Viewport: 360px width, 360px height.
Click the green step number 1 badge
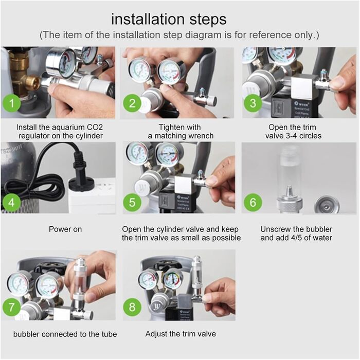coord(12,103)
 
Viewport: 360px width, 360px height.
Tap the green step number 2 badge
coord(132,103)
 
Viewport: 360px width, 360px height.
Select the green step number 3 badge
coord(253,103)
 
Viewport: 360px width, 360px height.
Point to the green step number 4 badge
coord(11,203)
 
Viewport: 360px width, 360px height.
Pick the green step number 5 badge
coord(132,203)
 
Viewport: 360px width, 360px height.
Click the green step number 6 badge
coord(253,203)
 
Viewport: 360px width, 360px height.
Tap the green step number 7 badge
coord(12,307)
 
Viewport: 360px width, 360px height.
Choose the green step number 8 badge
coord(132,307)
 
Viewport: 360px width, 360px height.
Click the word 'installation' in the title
coord(148,19)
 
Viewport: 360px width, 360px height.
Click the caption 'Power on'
coord(65,229)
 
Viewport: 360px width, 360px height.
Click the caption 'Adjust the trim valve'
coord(181,334)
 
